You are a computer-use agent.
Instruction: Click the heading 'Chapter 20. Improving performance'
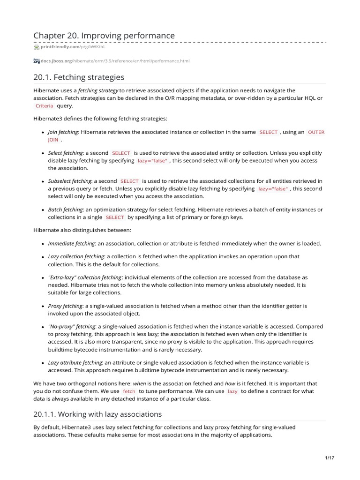click(104, 36)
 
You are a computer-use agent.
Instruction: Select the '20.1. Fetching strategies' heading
click(79, 77)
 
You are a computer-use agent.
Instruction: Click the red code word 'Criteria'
click(45, 106)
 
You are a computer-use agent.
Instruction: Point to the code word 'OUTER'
click(316, 132)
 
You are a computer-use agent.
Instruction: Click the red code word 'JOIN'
click(53, 140)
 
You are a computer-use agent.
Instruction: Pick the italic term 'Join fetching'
click(63, 132)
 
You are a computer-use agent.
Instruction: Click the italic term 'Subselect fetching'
click(69, 181)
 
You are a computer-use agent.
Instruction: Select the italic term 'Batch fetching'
click(65, 210)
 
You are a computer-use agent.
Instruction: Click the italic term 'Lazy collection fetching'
click(76, 256)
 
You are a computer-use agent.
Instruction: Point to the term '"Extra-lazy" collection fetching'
click(85, 277)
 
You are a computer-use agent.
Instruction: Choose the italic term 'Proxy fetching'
click(65, 306)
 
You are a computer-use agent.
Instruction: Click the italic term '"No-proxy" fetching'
click(72, 326)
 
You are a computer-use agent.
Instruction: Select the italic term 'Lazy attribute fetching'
click(75, 362)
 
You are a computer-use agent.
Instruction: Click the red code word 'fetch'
click(129, 391)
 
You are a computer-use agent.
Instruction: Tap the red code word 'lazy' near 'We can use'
click(232, 391)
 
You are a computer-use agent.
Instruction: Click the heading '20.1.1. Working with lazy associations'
click(97, 414)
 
